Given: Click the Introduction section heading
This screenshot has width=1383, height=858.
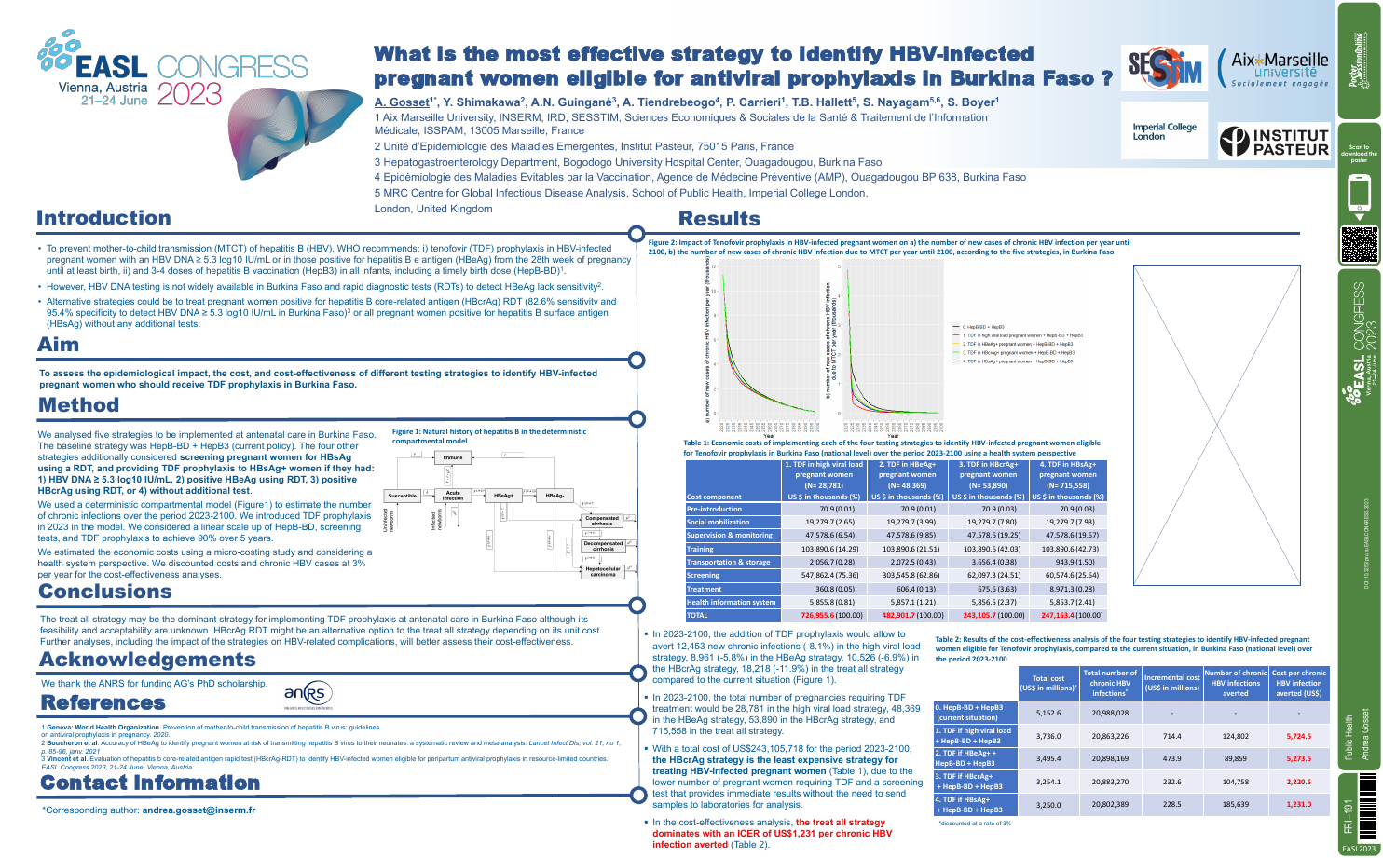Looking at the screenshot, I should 103,218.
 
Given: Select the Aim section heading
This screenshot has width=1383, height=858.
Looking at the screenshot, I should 58,345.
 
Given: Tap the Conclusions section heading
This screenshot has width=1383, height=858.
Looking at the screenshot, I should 105,592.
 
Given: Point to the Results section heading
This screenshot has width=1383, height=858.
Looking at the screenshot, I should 719,219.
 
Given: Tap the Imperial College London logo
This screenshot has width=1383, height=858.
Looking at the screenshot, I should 1164,131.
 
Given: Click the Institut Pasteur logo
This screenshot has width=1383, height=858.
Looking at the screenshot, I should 1274,142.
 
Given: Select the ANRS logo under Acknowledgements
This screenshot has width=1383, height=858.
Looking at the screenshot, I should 308,694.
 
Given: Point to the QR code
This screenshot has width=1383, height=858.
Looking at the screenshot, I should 1359,244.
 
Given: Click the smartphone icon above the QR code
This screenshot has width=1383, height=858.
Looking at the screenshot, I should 1359,195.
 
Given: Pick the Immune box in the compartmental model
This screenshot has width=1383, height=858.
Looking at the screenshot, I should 453,457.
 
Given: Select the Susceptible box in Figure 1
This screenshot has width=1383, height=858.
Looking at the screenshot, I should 402,496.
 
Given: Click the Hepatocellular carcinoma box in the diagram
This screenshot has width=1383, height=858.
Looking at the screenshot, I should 602,571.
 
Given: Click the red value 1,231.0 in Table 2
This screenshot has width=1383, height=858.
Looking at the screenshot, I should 1298,804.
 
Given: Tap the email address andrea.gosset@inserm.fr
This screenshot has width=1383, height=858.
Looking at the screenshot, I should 199,810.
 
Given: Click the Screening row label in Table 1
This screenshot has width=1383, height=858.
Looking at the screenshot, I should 703,576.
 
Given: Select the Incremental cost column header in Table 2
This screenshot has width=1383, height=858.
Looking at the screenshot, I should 1171,683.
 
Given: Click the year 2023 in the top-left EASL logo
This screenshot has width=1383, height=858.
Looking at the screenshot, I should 190,94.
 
